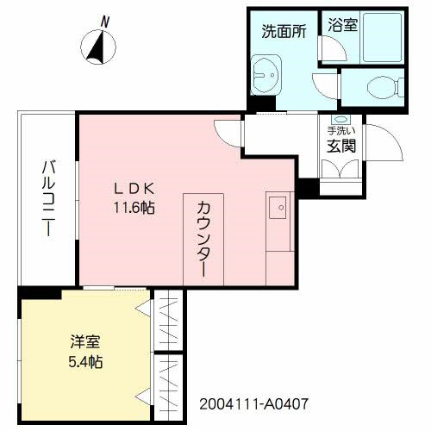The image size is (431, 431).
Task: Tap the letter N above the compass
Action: point(104,20)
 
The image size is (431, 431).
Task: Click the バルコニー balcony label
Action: point(48,199)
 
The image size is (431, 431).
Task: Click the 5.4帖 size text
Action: point(84,361)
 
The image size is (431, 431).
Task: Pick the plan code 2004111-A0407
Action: point(253,403)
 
